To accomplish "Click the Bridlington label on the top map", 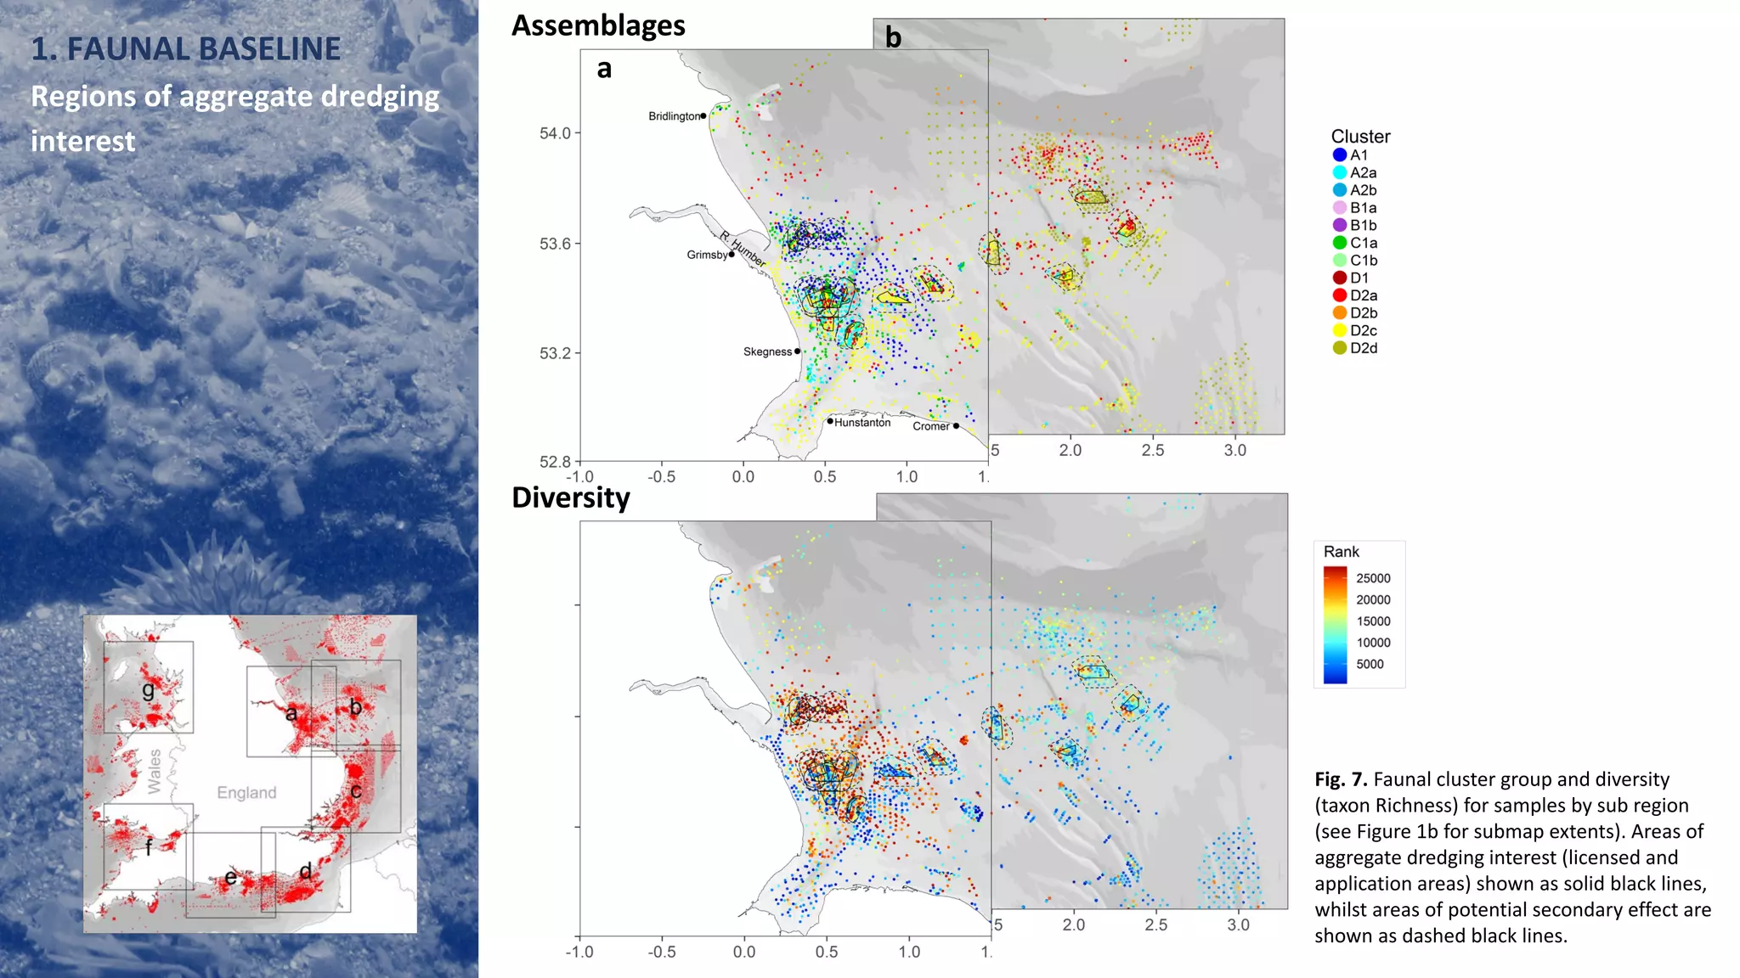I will click(x=675, y=116).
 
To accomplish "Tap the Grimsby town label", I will click(x=707, y=255).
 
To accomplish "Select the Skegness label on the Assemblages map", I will click(x=767, y=351).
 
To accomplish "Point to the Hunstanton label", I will click(x=862, y=423).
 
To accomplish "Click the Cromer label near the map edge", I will click(x=930, y=426).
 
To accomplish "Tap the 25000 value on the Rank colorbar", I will click(x=1373, y=578).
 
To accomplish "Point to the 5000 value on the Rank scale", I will click(x=1370, y=665).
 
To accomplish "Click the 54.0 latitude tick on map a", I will click(x=555, y=133).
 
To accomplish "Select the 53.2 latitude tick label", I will click(x=555, y=353).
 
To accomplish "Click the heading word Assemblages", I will click(x=598, y=25).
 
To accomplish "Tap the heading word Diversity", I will click(x=571, y=497).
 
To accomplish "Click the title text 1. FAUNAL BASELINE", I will click(x=186, y=49).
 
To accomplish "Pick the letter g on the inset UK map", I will click(x=149, y=689).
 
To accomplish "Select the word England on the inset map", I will click(x=246, y=792).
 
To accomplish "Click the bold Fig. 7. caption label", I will click(x=1341, y=779).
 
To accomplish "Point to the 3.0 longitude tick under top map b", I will click(x=1234, y=451).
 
